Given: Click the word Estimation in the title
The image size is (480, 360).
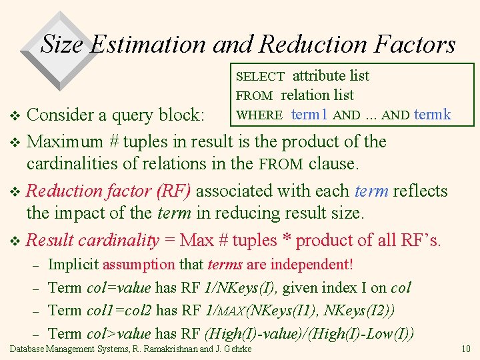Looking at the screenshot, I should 147,44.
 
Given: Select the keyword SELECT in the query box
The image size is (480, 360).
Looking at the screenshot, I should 261,77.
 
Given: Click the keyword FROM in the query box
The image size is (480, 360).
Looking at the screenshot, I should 254,96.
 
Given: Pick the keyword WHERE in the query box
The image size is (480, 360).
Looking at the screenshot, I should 260,115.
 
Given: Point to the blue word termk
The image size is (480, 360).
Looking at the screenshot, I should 433,115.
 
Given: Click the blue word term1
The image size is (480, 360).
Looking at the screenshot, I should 309,115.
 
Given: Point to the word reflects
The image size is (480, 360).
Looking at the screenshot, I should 421,191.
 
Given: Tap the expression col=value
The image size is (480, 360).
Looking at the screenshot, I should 119,287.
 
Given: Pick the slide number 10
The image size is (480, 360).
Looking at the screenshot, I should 466,349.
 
